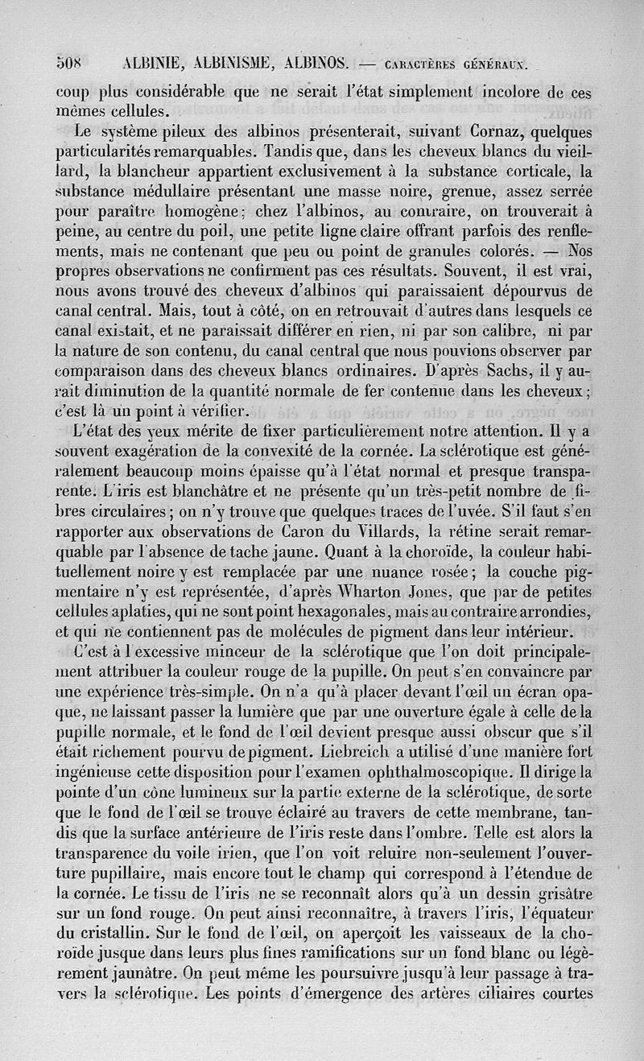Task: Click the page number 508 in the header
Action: pyautogui.click(x=70, y=62)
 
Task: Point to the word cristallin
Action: pyautogui.click(x=118, y=934)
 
